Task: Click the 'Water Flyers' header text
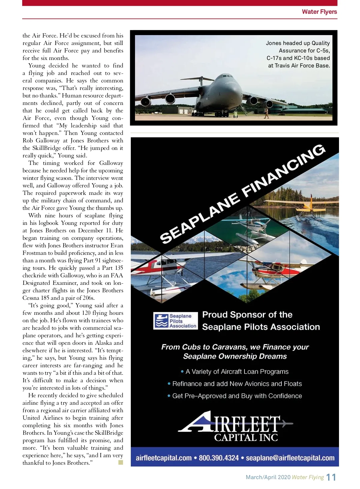click(319, 12)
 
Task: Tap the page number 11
click(331, 477)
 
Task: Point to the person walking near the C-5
click(266, 113)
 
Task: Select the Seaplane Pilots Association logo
click(175, 321)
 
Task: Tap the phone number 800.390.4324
click(219, 458)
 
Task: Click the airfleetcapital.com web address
click(163, 458)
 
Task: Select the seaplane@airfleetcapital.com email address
click(290, 458)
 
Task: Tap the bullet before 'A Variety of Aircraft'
click(182, 372)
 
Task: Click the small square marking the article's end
click(121, 463)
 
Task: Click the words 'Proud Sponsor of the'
click(247, 315)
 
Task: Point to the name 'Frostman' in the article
click(34, 253)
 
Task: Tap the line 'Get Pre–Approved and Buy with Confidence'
click(237, 396)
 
